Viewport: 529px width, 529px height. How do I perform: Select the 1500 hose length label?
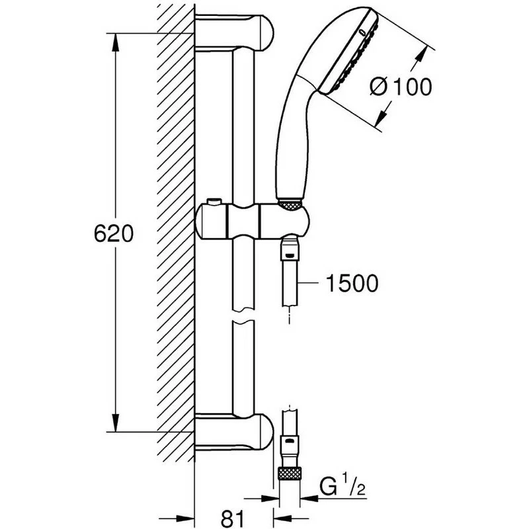point(352,284)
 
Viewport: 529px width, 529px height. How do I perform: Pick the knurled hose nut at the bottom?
point(289,473)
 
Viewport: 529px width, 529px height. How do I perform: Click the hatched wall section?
point(175,231)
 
